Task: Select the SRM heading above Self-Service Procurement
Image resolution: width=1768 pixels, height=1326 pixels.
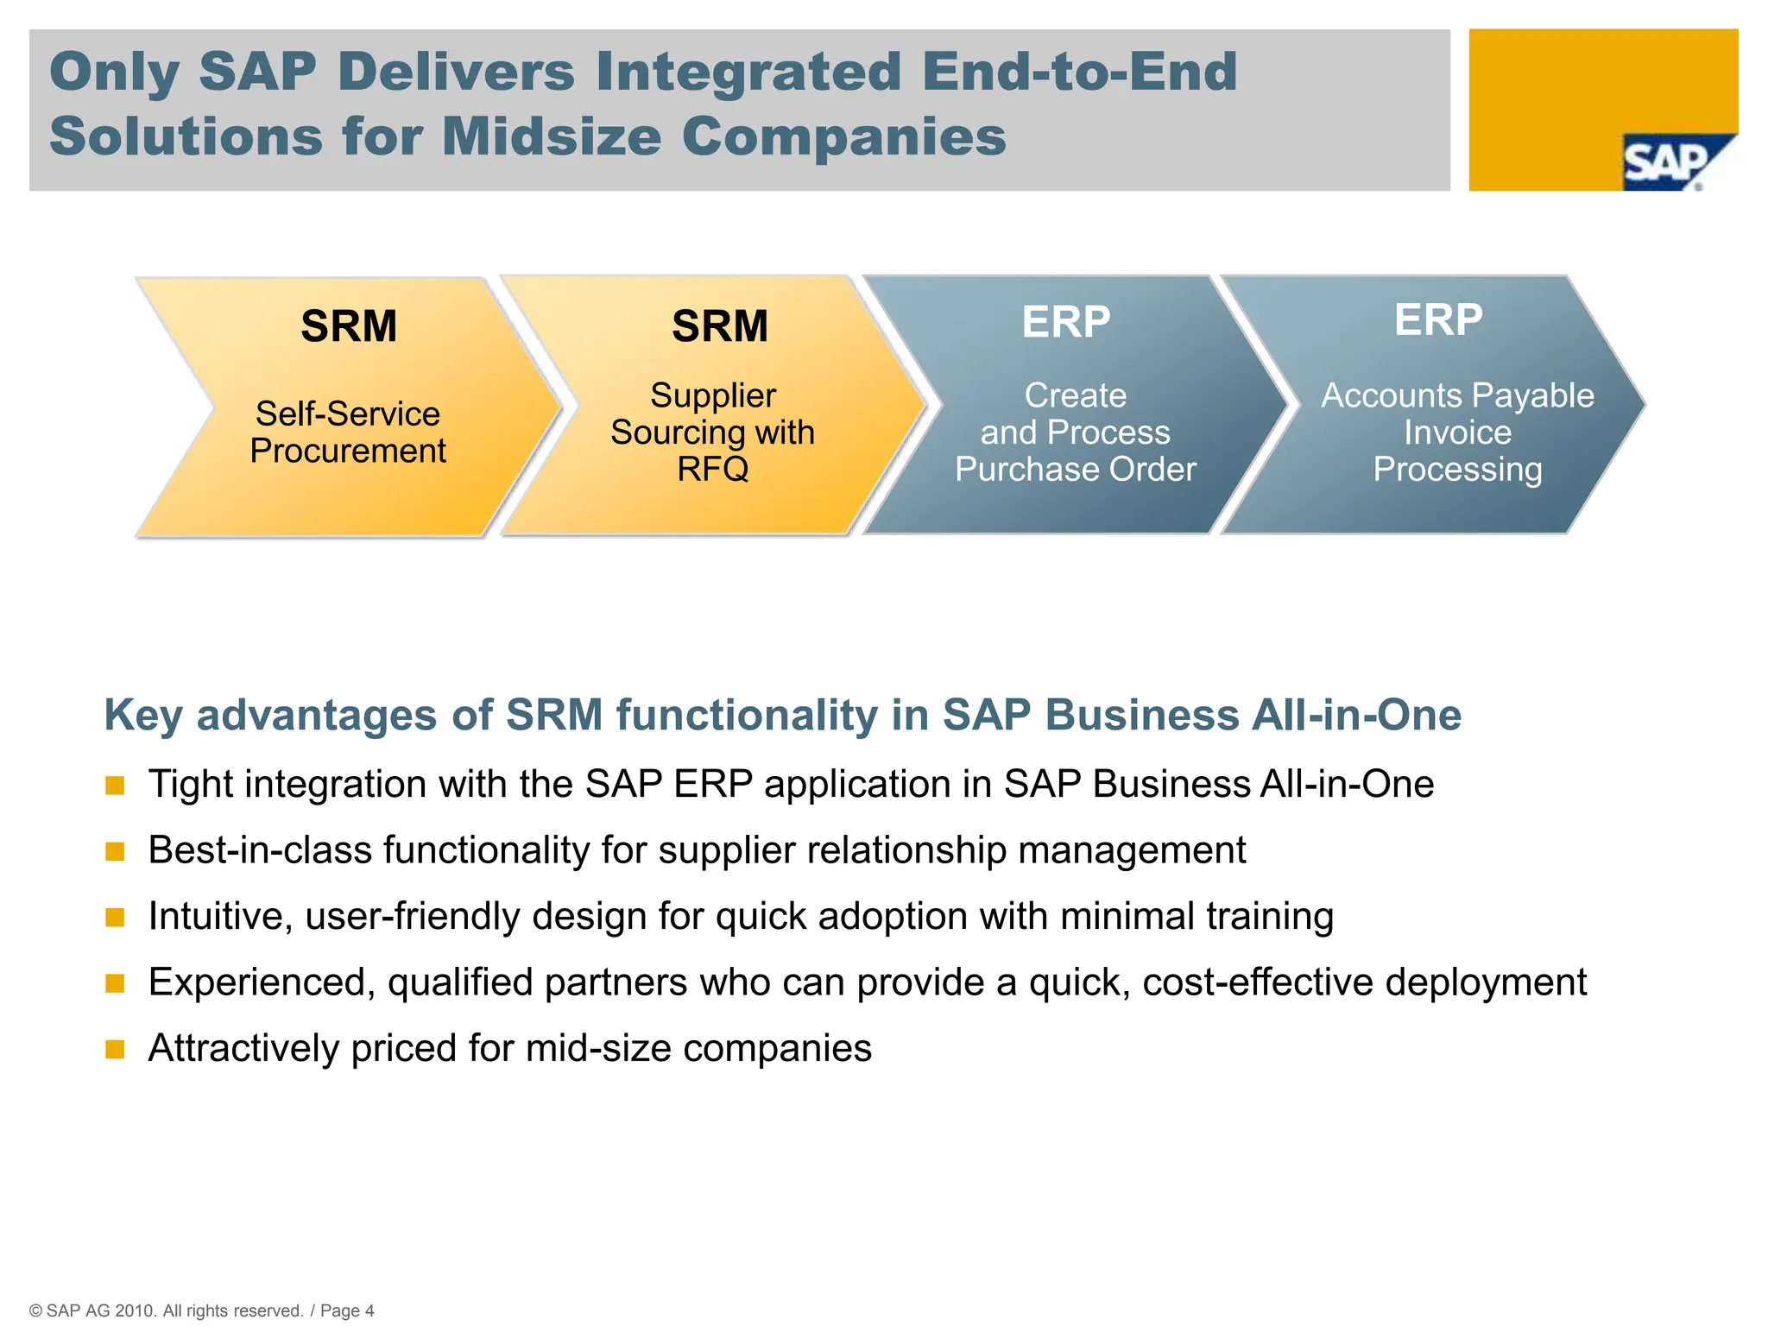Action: tap(349, 326)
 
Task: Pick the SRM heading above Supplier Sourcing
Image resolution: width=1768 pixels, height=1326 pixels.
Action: tap(720, 326)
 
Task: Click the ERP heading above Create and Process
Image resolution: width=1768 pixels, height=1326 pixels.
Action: tap(1065, 322)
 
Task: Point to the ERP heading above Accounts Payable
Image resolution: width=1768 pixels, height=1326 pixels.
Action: tap(1438, 319)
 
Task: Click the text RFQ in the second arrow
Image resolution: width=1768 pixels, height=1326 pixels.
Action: tap(712, 470)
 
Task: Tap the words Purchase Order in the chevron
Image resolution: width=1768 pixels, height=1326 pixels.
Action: tap(1076, 470)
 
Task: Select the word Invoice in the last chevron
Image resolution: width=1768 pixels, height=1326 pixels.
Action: tap(1457, 433)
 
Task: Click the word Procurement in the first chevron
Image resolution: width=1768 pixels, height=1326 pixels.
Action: tap(348, 451)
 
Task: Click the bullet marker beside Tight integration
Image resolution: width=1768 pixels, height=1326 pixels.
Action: tap(115, 786)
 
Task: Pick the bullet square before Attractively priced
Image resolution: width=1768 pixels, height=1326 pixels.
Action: tap(115, 1050)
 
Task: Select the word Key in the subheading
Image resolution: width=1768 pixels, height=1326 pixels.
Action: tap(142, 716)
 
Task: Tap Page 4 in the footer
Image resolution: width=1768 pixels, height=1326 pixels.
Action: tap(347, 1310)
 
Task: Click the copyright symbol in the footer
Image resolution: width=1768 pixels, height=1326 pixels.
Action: tap(35, 1310)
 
